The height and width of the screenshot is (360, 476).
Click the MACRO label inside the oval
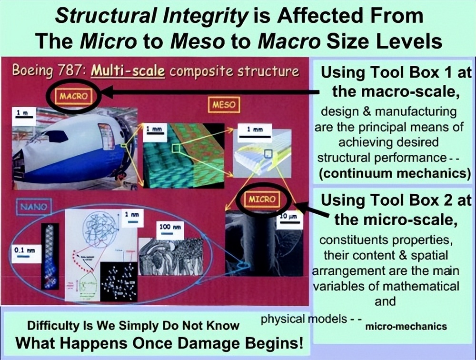point(74,96)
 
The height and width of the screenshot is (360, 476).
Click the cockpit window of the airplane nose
point(56,137)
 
